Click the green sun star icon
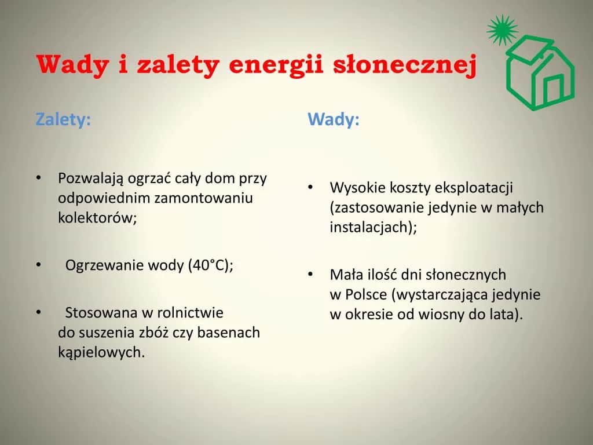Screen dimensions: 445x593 pos(501,30)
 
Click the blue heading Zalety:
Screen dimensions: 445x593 pos(63,119)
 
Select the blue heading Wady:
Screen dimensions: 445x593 pos(334,119)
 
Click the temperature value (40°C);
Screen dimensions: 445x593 pos(210,265)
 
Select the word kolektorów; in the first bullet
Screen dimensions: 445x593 pos(97,218)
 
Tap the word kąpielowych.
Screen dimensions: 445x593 pos(100,352)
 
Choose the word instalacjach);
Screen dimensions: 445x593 pos(373,227)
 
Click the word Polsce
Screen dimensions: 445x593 pos(366,294)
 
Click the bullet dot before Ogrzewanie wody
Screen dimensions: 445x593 pos(38,265)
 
